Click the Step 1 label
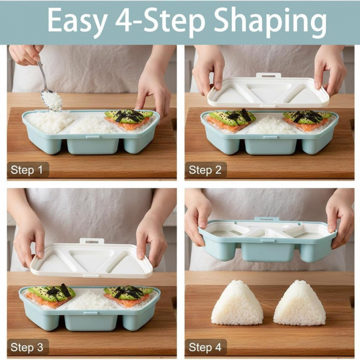27,170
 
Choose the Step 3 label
27,347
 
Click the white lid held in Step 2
268,92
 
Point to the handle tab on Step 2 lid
269,76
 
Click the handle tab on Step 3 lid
92,241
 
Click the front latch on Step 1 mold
93,137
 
